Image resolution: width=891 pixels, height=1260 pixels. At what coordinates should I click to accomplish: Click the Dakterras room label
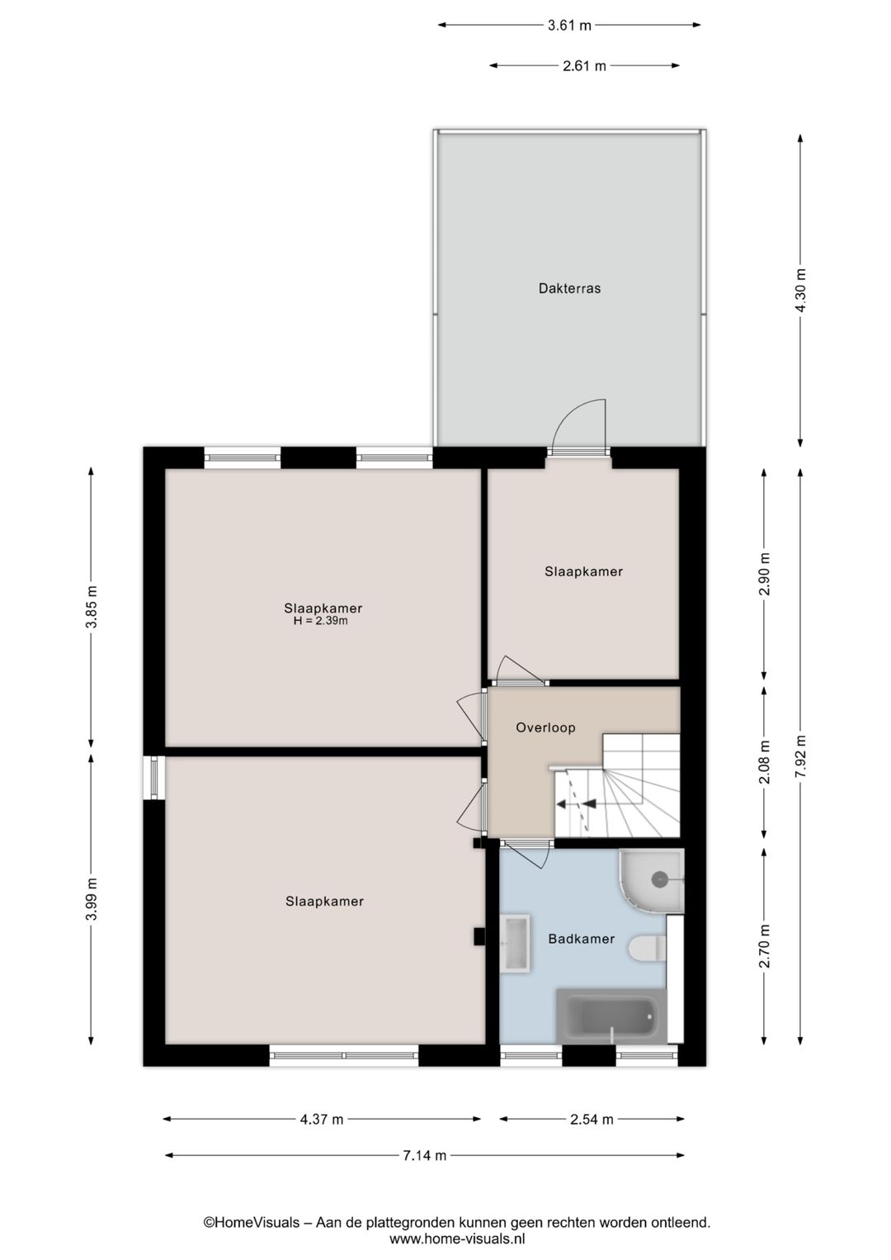click(569, 288)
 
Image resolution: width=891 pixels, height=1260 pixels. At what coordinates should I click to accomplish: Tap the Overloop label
click(545, 727)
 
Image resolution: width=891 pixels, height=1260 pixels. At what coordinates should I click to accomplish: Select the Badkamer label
click(582, 938)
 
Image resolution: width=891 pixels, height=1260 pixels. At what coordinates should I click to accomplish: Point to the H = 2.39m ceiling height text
click(320, 621)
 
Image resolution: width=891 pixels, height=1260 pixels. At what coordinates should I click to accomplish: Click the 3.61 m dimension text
click(569, 26)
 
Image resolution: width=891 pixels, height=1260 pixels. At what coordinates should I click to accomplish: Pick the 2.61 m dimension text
click(585, 66)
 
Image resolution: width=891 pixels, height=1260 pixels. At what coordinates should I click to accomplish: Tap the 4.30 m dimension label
click(801, 290)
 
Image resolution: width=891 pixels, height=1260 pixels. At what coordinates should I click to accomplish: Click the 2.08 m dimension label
click(765, 762)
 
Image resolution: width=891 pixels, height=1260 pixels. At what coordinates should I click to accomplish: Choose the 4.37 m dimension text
click(321, 1120)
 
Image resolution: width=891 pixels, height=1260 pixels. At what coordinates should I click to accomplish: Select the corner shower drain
click(659, 878)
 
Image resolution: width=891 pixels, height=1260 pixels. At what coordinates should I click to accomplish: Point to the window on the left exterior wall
click(153, 777)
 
